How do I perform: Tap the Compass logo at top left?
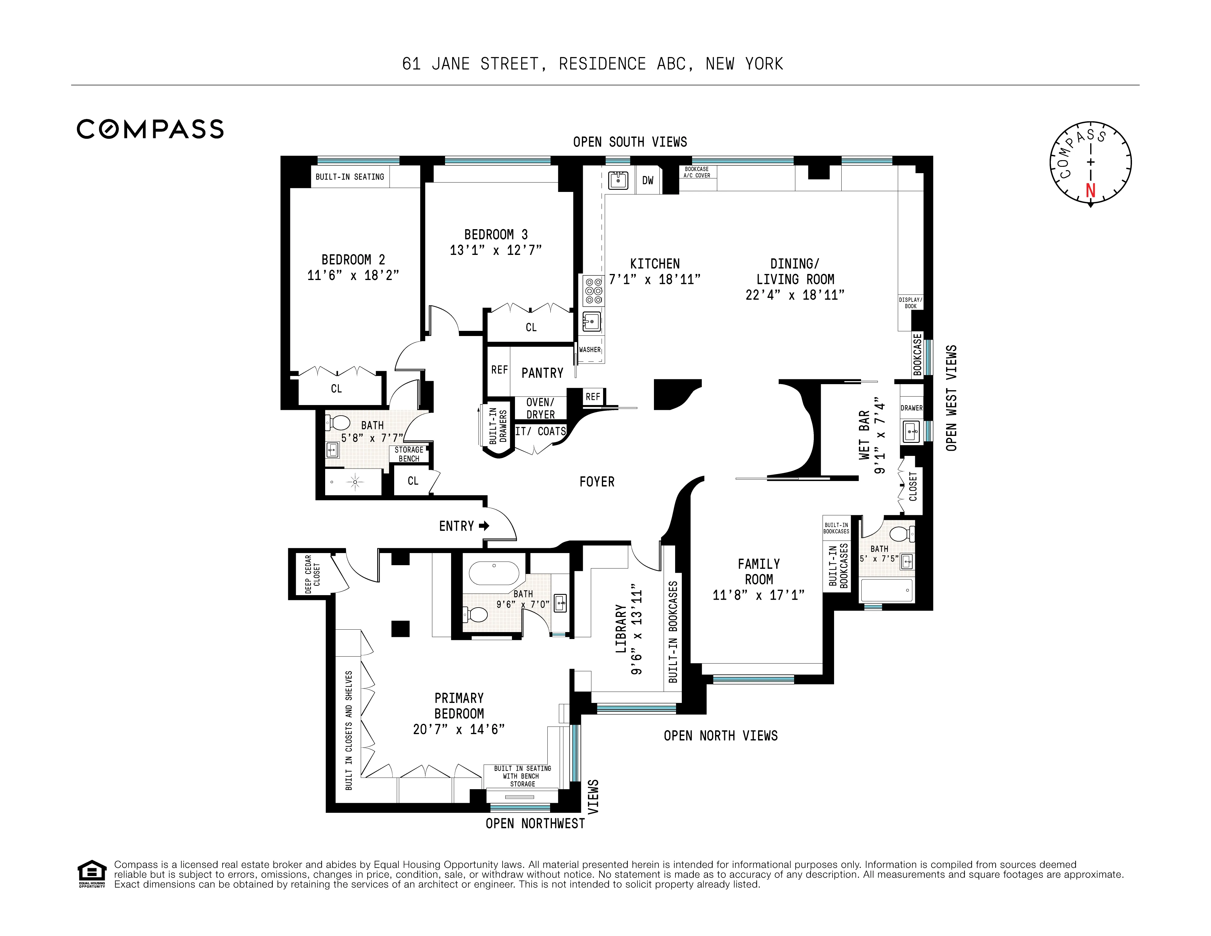point(150,129)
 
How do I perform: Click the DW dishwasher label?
point(648,180)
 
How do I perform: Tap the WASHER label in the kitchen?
point(590,350)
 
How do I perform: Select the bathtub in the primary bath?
point(493,574)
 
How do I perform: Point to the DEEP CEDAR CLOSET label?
point(312,574)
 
